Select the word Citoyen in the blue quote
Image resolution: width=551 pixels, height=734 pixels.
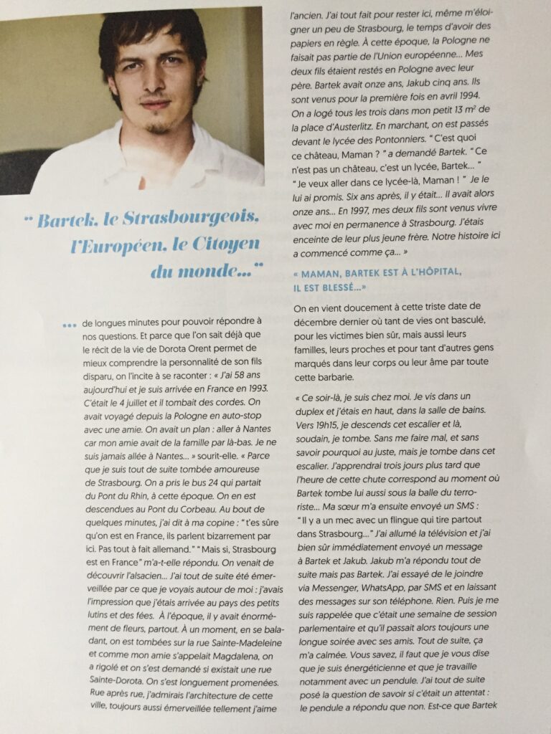[x=220, y=245]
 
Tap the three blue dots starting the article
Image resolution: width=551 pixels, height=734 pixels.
[x=68, y=326]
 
